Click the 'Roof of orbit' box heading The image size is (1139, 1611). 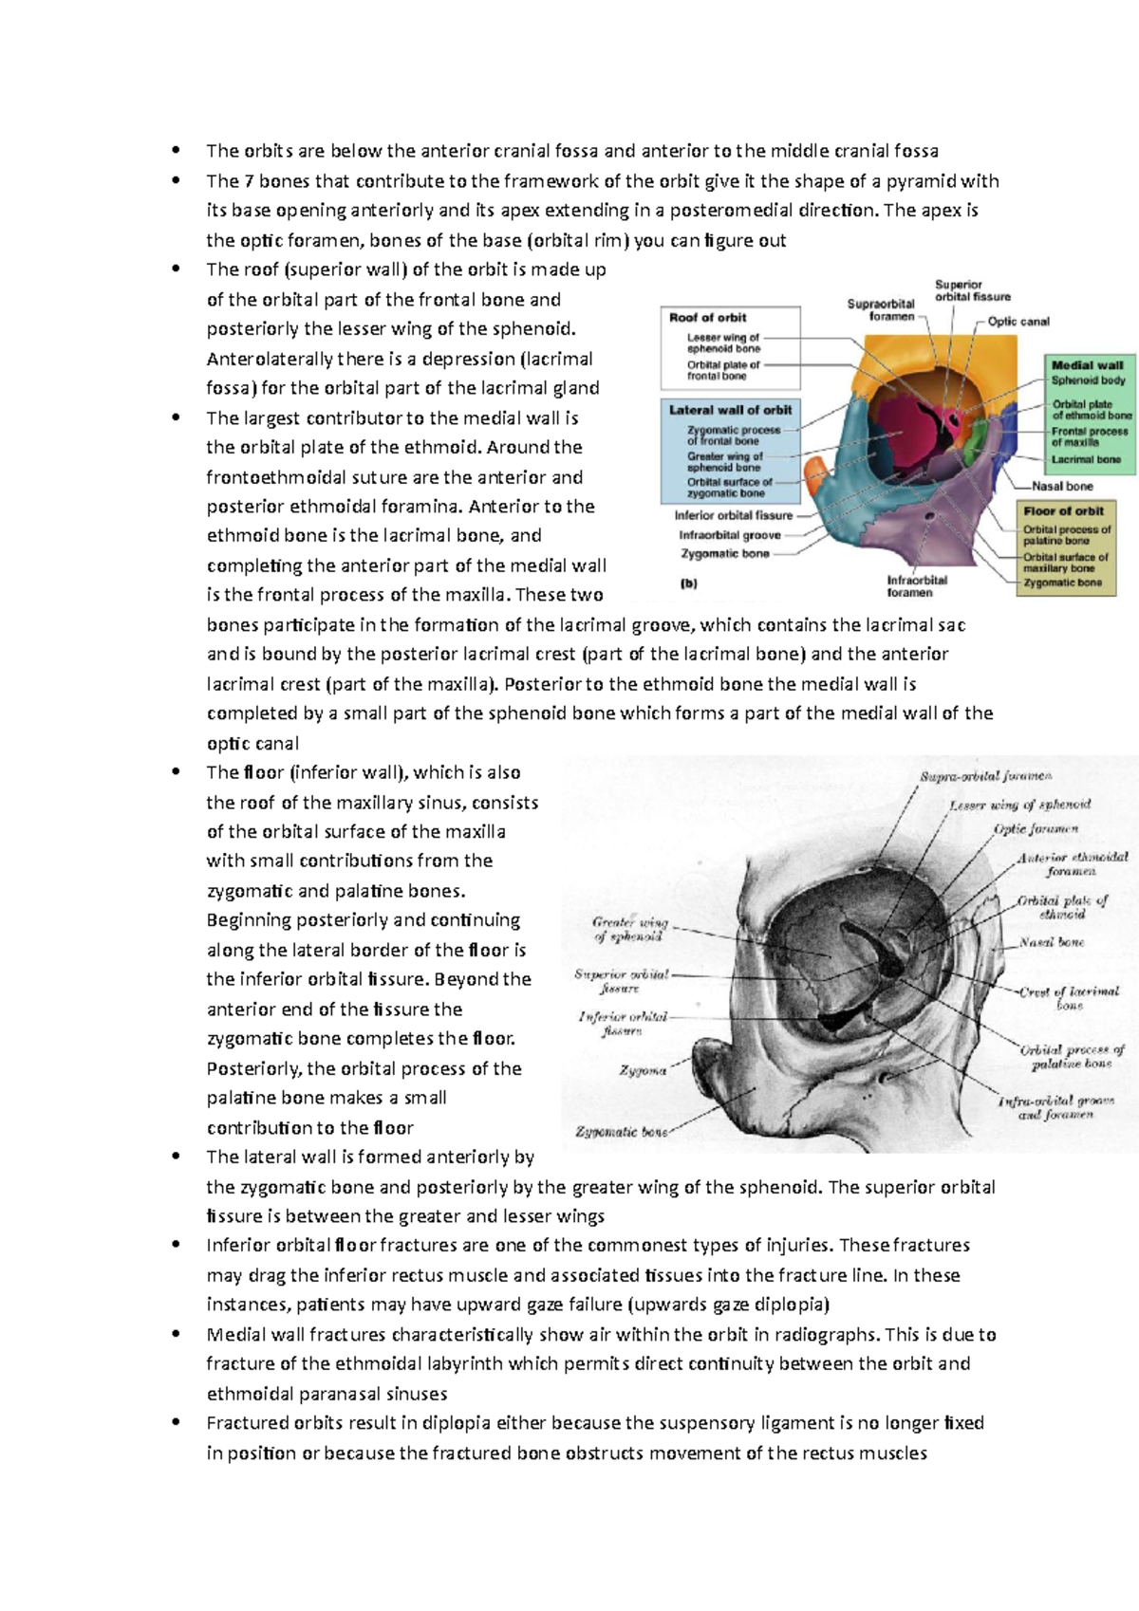707,318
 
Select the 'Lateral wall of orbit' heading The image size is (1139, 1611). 730,410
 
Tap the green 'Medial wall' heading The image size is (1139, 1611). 1087,364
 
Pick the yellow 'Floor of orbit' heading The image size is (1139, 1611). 1063,510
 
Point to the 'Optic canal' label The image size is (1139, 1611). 1018,322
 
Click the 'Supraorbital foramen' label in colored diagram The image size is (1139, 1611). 881,310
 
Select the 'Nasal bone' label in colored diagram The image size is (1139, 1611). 1062,486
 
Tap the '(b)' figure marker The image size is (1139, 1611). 689,584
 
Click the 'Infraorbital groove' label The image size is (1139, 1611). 730,535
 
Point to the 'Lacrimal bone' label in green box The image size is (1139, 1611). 1086,459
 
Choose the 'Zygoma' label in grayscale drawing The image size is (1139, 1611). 643,1070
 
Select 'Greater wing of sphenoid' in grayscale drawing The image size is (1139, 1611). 629,929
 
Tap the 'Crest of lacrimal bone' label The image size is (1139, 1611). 1069,998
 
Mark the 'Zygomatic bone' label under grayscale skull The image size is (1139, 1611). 622,1132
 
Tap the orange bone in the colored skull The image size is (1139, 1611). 815,470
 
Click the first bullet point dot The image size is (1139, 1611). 175,150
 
